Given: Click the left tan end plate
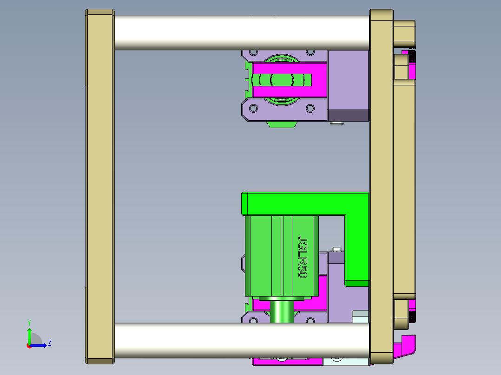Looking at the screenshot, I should click(x=100, y=186).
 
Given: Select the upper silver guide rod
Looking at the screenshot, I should click(x=242, y=32).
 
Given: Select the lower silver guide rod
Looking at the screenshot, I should click(x=242, y=340).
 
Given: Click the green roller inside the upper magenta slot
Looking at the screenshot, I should click(x=281, y=80).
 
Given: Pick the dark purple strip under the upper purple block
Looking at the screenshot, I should click(x=348, y=115).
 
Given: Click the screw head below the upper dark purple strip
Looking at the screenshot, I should click(x=338, y=123).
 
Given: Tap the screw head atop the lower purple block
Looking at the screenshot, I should click(x=338, y=250).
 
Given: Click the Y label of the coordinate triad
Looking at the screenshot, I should click(x=29, y=322).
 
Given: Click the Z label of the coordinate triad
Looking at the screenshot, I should click(x=49, y=343).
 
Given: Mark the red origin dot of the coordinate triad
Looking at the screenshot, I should click(x=29, y=345).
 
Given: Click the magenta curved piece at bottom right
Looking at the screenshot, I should click(x=405, y=346).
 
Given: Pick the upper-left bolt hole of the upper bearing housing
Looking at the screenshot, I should click(x=254, y=54).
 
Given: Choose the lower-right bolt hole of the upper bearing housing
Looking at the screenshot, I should click(x=310, y=109).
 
